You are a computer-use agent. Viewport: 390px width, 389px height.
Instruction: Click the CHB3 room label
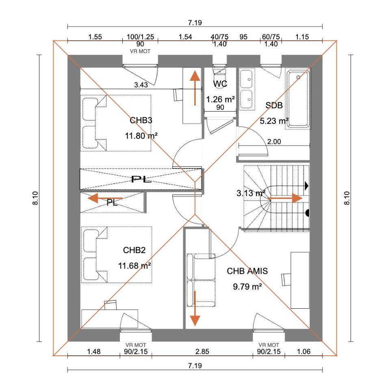[141, 120]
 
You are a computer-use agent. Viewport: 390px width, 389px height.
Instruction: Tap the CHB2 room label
[134, 250]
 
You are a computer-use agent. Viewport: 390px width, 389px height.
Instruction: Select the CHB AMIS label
[247, 271]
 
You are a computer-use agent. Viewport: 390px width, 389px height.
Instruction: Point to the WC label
[220, 84]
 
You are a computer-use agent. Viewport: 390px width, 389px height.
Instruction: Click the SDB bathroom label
[274, 105]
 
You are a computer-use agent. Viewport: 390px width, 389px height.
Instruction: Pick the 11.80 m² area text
[141, 136]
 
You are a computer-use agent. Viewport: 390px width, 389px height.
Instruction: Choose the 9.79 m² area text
[247, 287]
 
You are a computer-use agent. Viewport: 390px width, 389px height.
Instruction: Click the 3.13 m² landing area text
[251, 193]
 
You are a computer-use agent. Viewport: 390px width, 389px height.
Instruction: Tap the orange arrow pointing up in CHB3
[195, 88]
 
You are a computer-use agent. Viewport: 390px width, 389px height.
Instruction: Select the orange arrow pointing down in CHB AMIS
[195, 309]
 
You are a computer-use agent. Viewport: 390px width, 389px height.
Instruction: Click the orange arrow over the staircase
[285, 199]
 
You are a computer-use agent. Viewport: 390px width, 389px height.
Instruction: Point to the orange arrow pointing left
[105, 199]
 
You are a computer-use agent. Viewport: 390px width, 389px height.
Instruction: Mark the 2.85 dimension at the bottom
[202, 352]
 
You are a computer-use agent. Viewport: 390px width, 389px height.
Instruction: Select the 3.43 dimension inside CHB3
[141, 85]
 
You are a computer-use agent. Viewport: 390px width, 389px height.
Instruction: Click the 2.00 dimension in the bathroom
[274, 142]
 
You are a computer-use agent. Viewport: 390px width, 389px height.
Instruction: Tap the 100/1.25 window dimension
[140, 37]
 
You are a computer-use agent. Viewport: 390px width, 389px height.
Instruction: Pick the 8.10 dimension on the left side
[35, 198]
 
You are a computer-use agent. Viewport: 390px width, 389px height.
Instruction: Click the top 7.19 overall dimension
[195, 23]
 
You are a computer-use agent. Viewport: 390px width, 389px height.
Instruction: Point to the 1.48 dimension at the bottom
[94, 352]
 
